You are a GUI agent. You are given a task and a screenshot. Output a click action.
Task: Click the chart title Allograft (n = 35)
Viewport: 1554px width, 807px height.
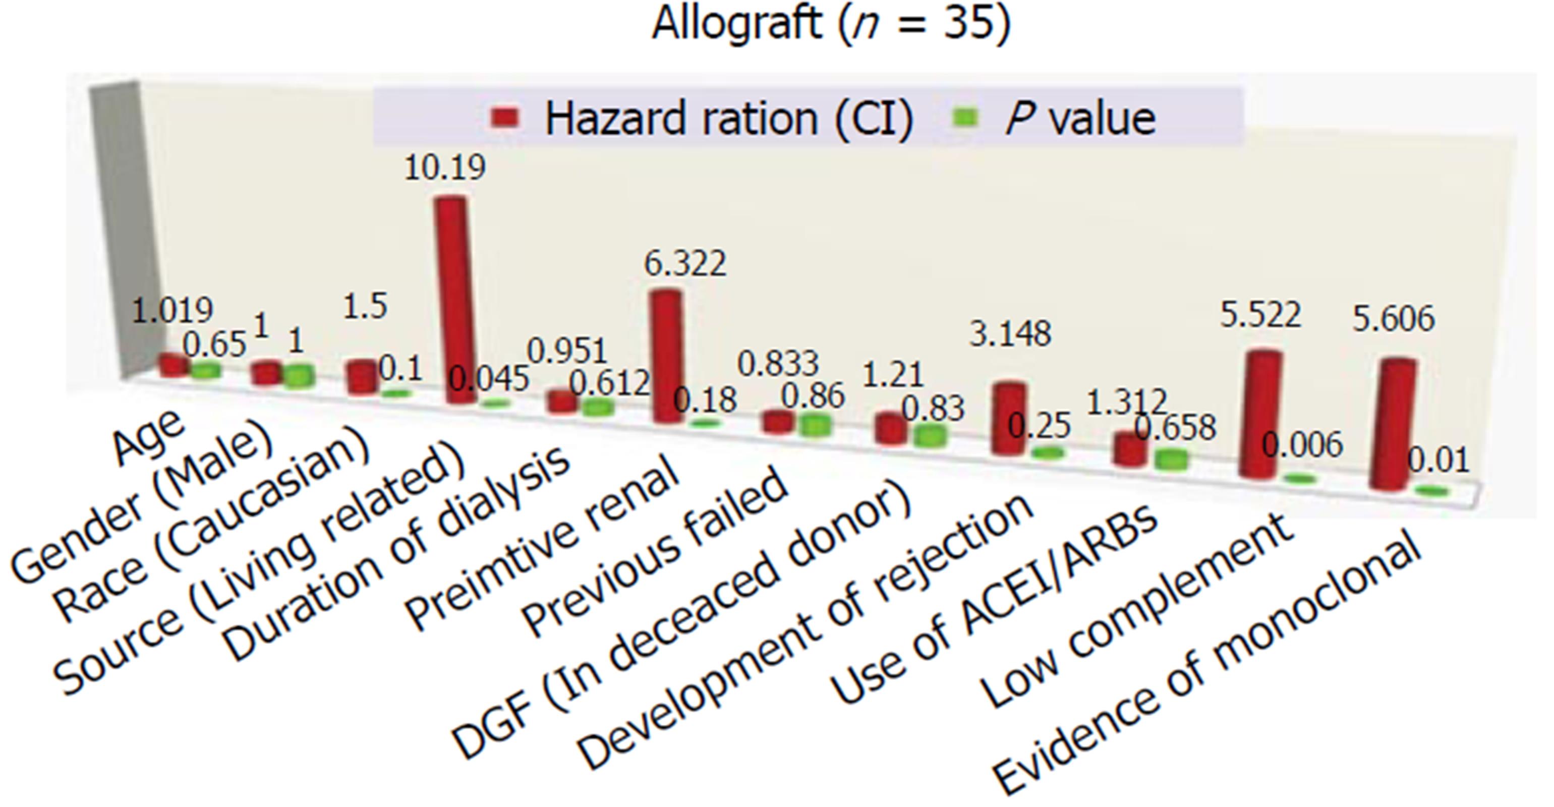831,25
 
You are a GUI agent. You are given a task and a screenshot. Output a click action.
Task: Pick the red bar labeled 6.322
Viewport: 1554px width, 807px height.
667,356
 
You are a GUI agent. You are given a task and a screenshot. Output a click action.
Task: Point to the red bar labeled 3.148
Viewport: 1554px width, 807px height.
1008,418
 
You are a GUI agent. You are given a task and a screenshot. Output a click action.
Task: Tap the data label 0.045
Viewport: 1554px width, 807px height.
489,379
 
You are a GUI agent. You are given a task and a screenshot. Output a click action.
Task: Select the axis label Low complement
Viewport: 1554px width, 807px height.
1137,610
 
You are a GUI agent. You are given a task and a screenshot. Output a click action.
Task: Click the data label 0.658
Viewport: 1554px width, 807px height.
1175,428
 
